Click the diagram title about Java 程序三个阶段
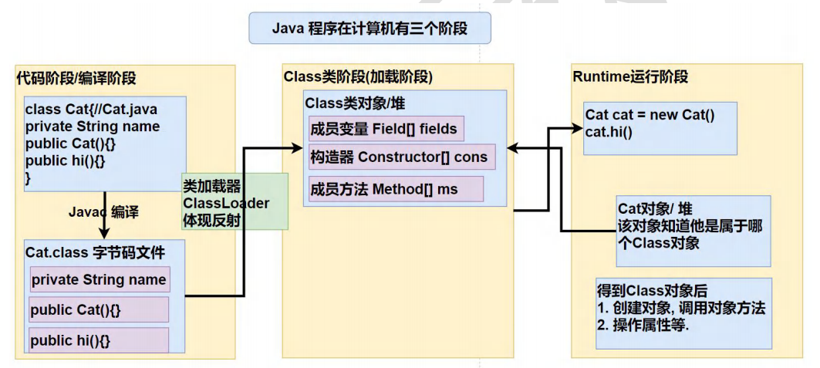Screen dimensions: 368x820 click(x=370, y=29)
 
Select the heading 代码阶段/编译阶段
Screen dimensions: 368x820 click(x=76, y=78)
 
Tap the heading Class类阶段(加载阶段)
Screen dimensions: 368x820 click(x=358, y=77)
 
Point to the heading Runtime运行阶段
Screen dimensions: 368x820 click(x=630, y=77)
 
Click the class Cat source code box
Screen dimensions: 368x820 click(x=100, y=143)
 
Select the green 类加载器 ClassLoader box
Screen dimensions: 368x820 click(x=234, y=202)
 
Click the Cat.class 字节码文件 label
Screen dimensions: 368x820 click(x=95, y=252)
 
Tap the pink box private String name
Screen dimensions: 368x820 click(x=99, y=280)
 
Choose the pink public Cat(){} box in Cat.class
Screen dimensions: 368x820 click(x=99, y=310)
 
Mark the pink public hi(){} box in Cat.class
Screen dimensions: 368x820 click(x=99, y=339)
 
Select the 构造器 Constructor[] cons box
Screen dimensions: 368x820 click(x=399, y=157)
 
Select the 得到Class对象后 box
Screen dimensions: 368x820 click(x=683, y=312)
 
